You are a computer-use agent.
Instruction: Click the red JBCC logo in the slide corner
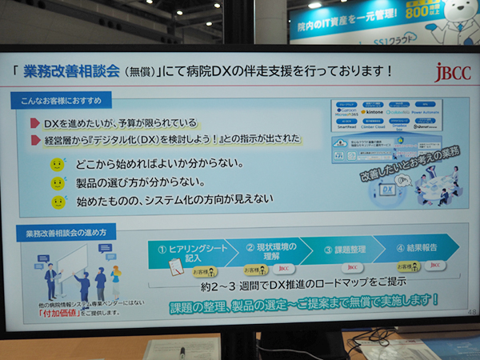[446, 72]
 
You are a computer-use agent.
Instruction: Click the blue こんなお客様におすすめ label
[62, 102]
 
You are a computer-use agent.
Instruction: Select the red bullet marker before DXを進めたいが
[35, 123]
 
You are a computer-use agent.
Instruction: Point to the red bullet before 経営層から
[35, 140]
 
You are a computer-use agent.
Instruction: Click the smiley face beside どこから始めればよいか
[57, 165]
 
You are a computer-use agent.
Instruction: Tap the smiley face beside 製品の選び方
[57, 183]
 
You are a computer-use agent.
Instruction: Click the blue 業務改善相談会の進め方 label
[71, 233]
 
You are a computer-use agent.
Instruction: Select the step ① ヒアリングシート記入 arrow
[185, 252]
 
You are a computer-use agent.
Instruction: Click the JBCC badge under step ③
[353, 267]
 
